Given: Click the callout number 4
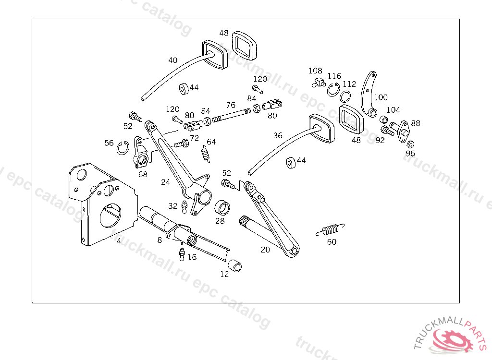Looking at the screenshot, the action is tap(119, 241).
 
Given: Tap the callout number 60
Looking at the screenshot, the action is tap(332, 242).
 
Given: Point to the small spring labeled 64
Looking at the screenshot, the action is tap(206, 154).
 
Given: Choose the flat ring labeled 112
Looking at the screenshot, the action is tap(345, 96).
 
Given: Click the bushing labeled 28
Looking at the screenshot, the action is tap(222, 207).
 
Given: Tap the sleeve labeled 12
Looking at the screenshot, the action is tap(234, 265).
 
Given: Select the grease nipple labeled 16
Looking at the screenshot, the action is tap(182, 254).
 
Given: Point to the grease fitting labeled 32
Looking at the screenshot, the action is tap(184, 207).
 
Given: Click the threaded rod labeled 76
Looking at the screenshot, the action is tap(232, 114).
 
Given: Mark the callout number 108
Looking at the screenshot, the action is tap(315, 71).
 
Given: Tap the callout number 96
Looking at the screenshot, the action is tap(410, 153).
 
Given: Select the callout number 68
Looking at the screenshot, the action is tap(143, 174).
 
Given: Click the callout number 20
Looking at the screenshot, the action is tap(265, 249).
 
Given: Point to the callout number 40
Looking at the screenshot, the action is tap(173, 60).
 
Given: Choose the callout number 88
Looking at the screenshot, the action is tap(416, 123).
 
